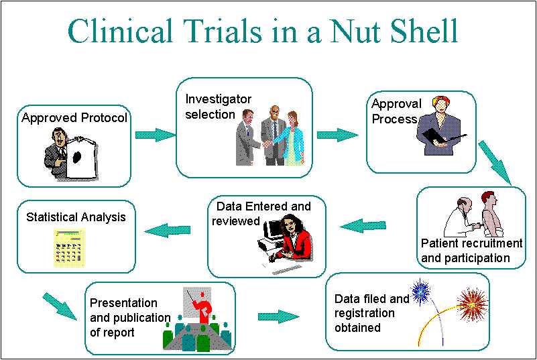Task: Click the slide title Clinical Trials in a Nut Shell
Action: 263,31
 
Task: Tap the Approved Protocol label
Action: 74,119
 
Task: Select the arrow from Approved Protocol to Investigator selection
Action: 154,135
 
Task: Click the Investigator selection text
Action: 219,107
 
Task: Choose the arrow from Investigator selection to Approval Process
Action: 337,135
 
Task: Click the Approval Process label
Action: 396,111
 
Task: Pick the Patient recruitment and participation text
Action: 471,251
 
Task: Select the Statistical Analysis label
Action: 76,217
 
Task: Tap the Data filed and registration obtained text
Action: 371,313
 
